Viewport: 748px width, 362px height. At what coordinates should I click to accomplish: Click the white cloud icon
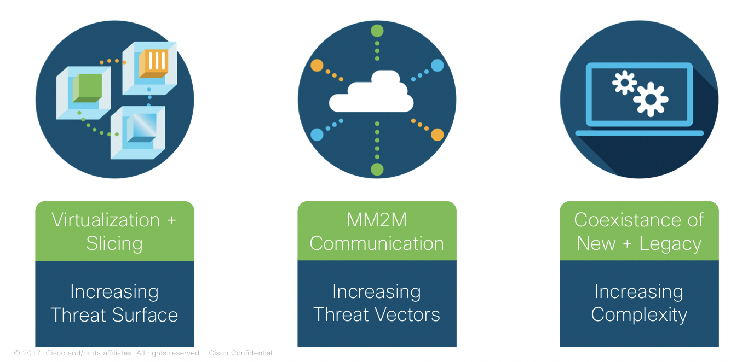click(371, 95)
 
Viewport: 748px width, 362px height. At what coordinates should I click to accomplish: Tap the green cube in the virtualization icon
click(87, 87)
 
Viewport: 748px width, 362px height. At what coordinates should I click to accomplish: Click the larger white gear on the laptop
click(650, 99)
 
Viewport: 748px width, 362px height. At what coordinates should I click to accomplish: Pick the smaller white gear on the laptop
click(624, 83)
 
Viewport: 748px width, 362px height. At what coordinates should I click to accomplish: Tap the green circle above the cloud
click(377, 31)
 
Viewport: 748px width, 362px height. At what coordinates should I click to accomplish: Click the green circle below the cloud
click(377, 169)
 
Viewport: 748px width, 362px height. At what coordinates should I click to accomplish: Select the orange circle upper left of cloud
click(317, 66)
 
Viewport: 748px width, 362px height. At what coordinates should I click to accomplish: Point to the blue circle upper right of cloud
click(437, 66)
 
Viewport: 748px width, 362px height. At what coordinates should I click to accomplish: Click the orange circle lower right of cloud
click(437, 135)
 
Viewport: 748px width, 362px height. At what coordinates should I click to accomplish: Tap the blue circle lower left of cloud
click(317, 135)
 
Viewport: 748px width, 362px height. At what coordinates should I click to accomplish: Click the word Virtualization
click(106, 220)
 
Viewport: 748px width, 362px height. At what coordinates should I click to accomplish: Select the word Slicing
click(114, 243)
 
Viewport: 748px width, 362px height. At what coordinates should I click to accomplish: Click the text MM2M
click(377, 220)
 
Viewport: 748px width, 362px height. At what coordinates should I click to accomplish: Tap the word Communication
click(377, 243)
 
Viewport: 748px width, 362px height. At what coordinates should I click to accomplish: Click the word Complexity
click(639, 315)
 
